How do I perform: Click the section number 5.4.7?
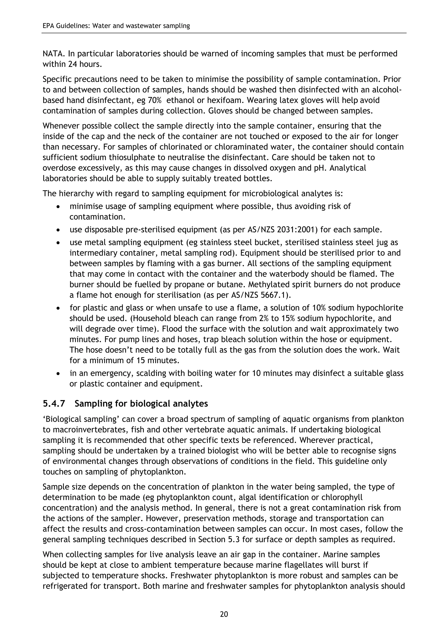[x=54, y=404]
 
